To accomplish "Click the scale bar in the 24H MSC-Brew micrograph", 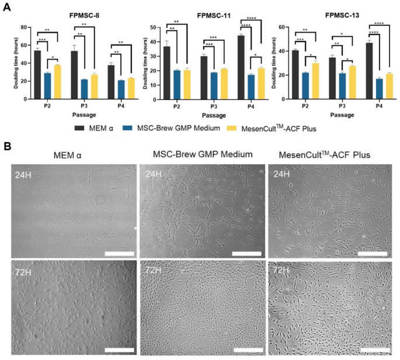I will tap(246, 254).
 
